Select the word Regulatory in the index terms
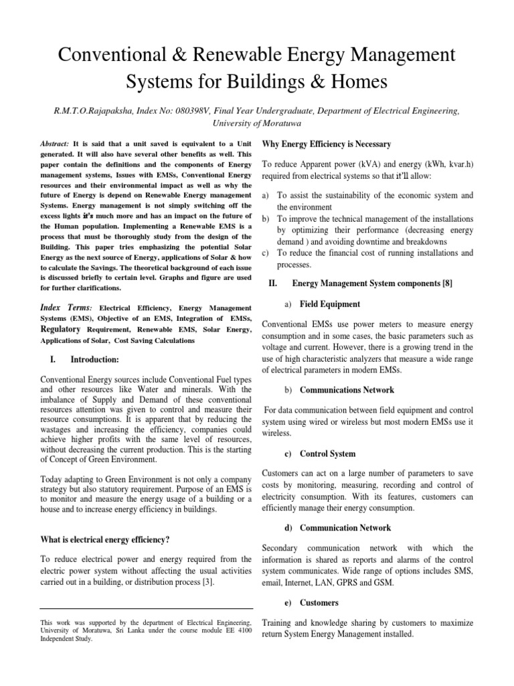(61, 330)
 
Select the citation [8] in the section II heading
(446, 283)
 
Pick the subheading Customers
(319, 603)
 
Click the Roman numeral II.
(272, 283)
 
